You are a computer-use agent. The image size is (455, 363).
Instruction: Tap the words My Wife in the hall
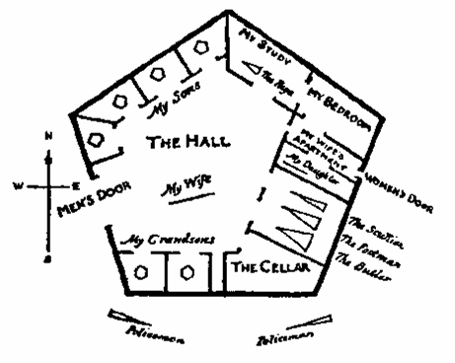coord(186,183)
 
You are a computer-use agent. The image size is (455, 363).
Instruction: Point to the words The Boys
coord(280,80)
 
